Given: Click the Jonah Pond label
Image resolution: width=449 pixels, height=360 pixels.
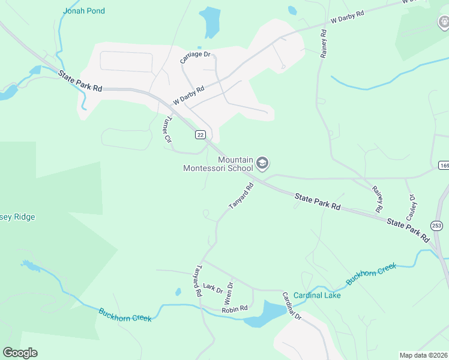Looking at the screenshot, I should (83, 11).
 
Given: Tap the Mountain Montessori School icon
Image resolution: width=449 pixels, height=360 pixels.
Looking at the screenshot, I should (262, 163).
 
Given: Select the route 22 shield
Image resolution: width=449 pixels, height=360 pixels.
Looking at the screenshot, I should (200, 135).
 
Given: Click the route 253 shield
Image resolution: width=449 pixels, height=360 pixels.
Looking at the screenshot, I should (436, 226).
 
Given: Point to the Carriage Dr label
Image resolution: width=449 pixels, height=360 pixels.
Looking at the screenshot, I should (196, 58).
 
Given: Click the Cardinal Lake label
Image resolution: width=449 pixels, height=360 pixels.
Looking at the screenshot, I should (317, 295).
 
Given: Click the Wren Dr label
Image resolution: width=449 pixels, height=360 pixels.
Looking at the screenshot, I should (228, 293).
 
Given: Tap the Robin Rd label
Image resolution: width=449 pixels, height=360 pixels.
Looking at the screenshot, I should (234, 309).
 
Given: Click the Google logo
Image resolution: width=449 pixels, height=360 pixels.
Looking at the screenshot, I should (20, 353).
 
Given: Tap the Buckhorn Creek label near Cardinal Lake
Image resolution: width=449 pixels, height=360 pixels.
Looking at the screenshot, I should (371, 273).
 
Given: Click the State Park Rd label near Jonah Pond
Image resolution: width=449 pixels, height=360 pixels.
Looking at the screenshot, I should (81, 81).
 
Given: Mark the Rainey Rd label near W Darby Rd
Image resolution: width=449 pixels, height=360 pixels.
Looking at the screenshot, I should (324, 44).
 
